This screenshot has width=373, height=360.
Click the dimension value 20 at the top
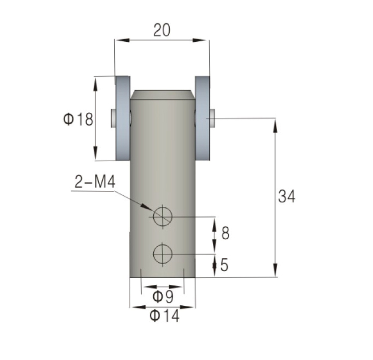(x=162, y=30)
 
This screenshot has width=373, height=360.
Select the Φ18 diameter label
(x=78, y=119)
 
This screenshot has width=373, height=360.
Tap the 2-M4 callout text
(x=95, y=182)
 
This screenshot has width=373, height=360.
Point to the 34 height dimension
(x=286, y=196)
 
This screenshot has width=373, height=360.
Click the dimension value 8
(x=225, y=233)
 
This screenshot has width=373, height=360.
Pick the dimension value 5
(x=224, y=265)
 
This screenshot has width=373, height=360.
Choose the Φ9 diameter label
(x=163, y=296)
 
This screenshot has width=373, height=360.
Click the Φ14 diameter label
(x=164, y=316)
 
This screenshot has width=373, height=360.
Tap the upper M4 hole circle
(x=163, y=217)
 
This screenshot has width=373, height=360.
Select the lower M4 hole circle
(x=163, y=254)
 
